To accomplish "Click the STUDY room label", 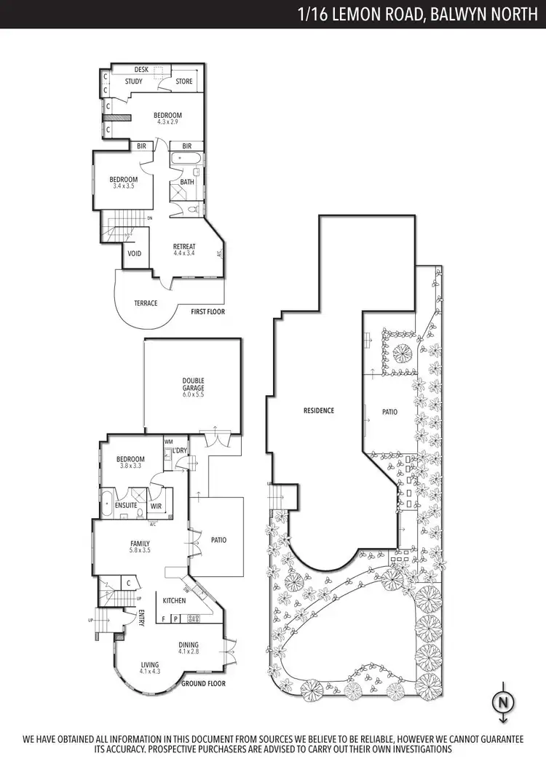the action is pos(133,81).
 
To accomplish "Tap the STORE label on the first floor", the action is pos(184,81).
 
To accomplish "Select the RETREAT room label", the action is pos(184,247).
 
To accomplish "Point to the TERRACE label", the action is pos(146,303).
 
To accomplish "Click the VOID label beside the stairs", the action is pos(135,254).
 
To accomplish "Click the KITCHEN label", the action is pos(174,600).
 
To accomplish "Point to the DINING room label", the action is pos(189,645).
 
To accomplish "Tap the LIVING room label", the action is pos(150,664).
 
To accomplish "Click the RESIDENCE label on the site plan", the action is pos(319,411).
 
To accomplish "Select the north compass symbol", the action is pos(502,702).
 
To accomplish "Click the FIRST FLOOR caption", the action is pos(207,311).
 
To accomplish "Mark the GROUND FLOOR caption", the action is pos(203,684).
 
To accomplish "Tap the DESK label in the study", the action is pos(141,70).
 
